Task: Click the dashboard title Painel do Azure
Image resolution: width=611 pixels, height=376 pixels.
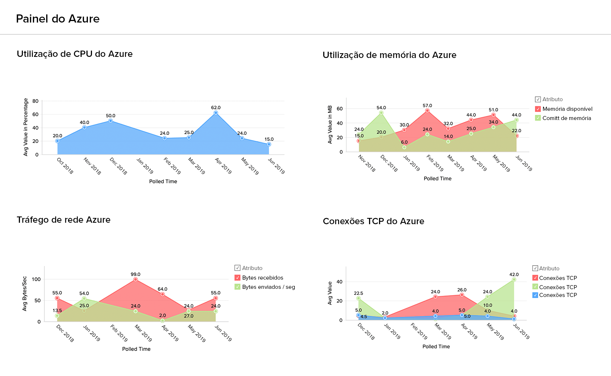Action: (58, 19)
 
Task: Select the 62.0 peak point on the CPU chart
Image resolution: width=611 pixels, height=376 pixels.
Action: (216, 113)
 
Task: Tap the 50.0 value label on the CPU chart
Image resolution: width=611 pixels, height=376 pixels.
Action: (110, 116)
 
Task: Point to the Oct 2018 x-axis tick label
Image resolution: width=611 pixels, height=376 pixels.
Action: (65, 166)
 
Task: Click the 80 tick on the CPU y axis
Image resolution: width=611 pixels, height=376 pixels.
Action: (35, 101)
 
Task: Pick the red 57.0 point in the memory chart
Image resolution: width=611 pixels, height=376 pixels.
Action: (427, 111)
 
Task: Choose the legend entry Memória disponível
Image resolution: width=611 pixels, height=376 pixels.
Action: (567, 109)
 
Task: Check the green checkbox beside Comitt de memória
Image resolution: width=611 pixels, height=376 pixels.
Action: (538, 118)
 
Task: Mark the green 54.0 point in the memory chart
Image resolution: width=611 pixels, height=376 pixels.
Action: (381, 113)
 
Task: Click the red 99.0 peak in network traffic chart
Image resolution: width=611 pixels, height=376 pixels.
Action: (136, 280)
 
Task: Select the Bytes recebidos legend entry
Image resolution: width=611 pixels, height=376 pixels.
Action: (262, 278)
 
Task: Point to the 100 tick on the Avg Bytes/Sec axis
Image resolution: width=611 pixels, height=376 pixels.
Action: (36, 279)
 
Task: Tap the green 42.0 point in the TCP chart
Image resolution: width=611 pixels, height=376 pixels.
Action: (514, 280)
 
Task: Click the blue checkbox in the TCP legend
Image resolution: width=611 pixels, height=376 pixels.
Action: (535, 295)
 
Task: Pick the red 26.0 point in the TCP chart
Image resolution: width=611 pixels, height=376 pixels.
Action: (462, 295)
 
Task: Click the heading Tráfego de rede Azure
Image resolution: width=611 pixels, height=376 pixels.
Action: (64, 220)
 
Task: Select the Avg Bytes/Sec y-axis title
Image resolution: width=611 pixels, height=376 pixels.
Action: (25, 294)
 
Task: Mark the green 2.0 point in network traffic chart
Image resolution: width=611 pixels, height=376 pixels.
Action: (163, 321)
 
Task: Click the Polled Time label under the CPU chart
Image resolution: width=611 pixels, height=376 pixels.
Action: (163, 181)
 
